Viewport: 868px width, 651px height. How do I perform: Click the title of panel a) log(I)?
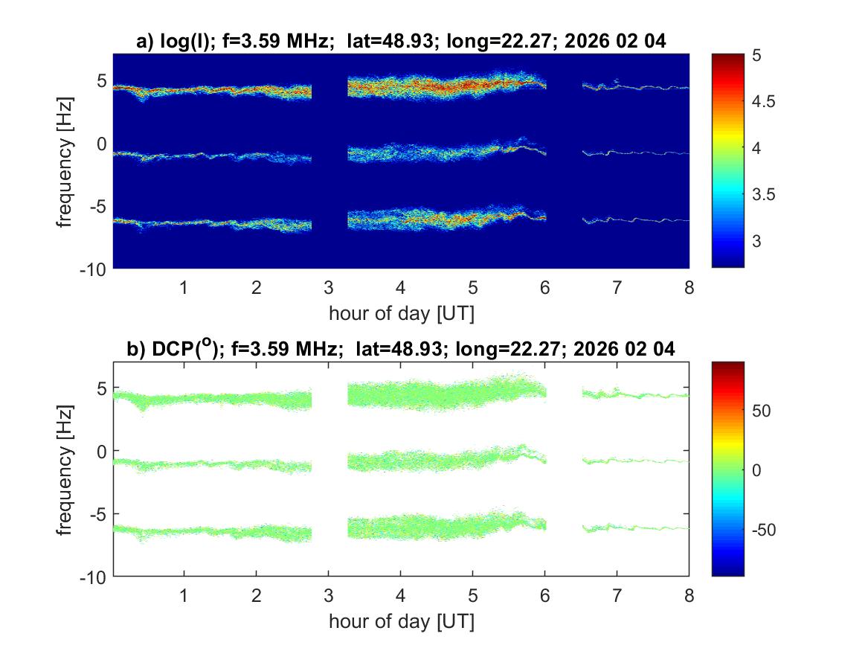[401, 42]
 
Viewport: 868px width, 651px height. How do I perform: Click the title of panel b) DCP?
[401, 350]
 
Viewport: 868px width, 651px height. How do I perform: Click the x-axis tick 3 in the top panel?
[329, 287]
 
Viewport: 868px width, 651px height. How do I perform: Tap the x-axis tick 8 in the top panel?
[689, 287]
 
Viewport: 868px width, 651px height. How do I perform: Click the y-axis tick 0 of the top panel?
[103, 143]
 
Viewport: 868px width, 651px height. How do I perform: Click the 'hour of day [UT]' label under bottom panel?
[401, 621]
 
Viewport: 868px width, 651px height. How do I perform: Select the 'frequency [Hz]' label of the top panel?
[65, 161]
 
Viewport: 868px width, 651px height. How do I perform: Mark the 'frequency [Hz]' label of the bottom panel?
[65, 469]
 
